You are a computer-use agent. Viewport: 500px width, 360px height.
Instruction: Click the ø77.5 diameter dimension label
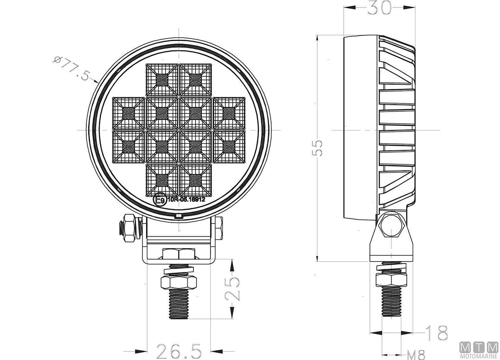coord(72,68)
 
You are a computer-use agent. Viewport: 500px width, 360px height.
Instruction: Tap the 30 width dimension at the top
coord(380,7)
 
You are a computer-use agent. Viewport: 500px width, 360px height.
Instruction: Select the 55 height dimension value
coord(317,148)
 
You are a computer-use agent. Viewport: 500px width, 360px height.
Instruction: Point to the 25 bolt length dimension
coord(232,289)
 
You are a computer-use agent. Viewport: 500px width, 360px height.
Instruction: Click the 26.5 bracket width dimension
coord(179,351)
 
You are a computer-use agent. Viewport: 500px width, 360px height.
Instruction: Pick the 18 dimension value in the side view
coord(437,333)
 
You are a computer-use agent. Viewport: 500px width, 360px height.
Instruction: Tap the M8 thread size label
coord(416,355)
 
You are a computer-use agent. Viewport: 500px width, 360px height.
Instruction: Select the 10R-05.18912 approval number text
coord(186,199)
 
